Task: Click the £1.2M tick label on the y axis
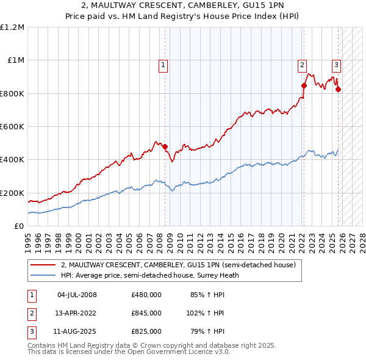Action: [x=12, y=27]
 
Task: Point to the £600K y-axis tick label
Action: [x=12, y=127]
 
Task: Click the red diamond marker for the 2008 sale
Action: [x=165, y=146]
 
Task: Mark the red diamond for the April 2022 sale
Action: [x=303, y=86]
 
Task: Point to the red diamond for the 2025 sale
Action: [x=338, y=89]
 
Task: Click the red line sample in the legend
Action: [x=43, y=265]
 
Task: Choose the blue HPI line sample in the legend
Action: [x=43, y=275]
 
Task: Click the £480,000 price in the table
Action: [x=146, y=295]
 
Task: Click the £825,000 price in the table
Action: [x=146, y=331]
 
